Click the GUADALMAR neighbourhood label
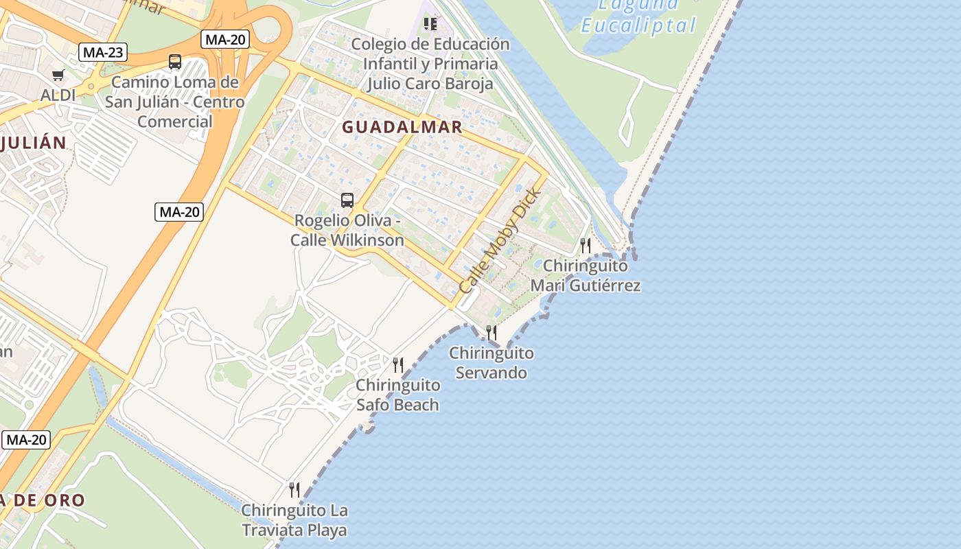402,127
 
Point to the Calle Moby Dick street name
500,240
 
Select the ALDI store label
58,95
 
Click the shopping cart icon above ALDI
58,75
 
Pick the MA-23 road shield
103,52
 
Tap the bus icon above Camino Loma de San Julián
175,62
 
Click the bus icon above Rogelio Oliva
347,200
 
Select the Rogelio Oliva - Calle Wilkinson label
347,231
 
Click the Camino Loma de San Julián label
175,102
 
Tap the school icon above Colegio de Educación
430,25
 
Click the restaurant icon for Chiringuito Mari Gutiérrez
586,245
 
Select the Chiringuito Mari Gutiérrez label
586,275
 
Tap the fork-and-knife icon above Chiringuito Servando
491,333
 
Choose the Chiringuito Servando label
491,363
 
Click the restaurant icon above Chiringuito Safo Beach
398,364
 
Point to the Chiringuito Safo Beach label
398,395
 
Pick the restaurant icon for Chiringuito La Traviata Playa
294,489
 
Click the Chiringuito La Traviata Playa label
294,520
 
